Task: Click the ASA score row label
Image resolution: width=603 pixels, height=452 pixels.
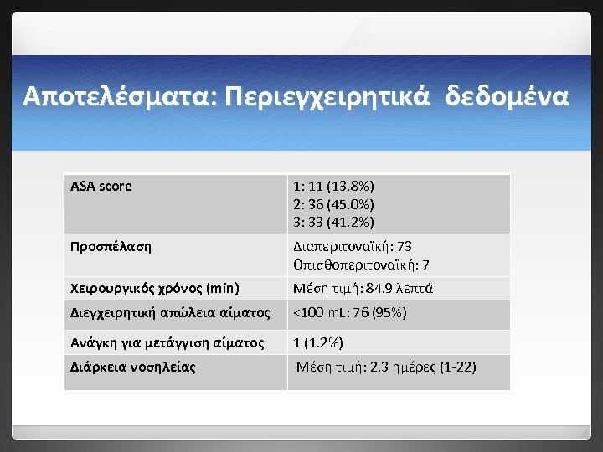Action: (101, 186)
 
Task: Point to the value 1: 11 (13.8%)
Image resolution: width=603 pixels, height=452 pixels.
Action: (333, 186)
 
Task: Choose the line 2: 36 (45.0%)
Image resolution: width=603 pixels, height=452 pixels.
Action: (333, 204)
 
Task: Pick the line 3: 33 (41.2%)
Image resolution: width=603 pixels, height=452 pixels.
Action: (333, 222)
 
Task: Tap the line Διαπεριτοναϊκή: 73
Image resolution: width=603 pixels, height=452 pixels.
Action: (352, 247)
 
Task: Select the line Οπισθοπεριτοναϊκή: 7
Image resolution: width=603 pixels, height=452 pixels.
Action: (361, 265)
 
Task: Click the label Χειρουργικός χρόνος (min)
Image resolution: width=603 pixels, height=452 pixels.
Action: (155, 289)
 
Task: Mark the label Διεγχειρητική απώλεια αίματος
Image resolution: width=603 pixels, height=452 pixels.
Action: (170, 313)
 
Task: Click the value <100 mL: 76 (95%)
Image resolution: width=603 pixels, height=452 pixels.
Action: (349, 313)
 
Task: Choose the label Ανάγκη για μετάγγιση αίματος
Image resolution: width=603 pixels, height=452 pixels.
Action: (167, 342)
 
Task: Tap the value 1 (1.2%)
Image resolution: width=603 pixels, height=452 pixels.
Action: (318, 342)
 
